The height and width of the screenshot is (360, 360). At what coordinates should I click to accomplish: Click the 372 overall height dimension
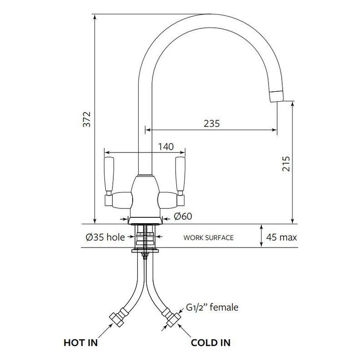click(87, 119)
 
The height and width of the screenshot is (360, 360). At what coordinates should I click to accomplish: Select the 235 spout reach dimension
click(211, 123)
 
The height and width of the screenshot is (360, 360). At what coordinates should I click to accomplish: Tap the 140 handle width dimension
click(166, 147)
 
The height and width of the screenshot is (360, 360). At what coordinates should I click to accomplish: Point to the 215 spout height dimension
click(286, 164)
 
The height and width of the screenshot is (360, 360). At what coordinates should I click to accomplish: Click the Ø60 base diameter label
click(183, 216)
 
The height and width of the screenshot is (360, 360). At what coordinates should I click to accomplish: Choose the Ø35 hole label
click(105, 237)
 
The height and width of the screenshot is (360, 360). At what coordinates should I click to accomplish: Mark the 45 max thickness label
click(282, 237)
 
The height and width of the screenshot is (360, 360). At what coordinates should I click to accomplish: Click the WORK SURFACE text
click(208, 238)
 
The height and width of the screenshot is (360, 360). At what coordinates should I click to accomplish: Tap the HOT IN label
click(81, 343)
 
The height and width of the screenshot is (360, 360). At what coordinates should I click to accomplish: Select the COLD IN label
click(211, 343)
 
